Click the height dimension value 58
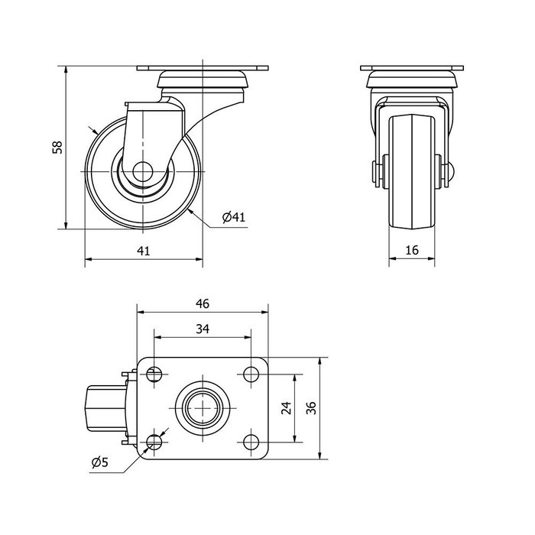(57, 147)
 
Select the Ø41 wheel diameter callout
(234, 216)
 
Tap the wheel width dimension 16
(412, 250)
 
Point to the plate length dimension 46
(203, 303)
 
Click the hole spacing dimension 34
(203, 329)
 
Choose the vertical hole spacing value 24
(287, 407)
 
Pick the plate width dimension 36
(311, 408)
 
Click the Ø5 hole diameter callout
(100, 462)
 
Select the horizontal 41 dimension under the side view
(144, 251)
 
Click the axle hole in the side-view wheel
(143, 172)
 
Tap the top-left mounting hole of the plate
(154, 374)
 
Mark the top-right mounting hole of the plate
(251, 374)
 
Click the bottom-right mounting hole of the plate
(251, 443)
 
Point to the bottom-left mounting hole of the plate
(154, 443)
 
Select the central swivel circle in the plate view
(203, 408)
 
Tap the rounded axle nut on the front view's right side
(449, 170)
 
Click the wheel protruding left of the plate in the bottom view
(105, 408)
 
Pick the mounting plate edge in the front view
(412, 68)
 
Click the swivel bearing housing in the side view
(203, 79)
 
